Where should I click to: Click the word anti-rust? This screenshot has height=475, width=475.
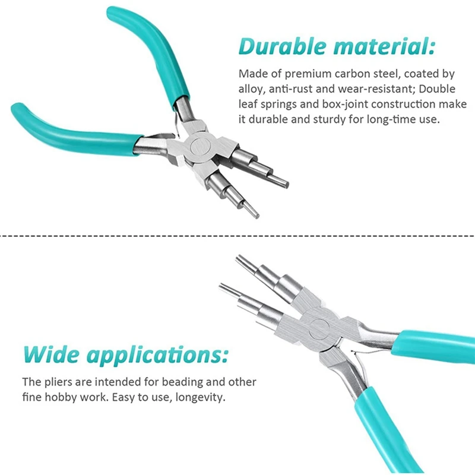pyautogui.click(x=286, y=89)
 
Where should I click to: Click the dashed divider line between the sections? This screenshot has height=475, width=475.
pyautogui.click(x=237, y=235)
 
